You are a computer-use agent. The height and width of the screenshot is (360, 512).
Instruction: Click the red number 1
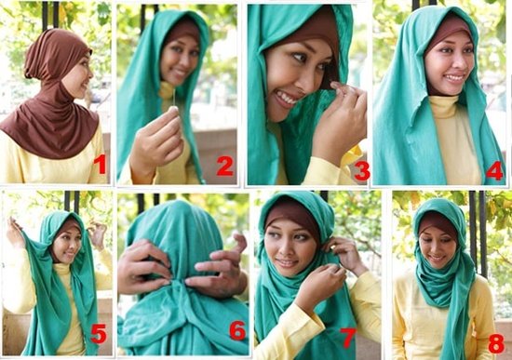coord(101,164)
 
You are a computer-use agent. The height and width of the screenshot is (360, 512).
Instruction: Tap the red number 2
coord(225,166)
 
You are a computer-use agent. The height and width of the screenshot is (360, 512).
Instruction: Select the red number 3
coord(362,170)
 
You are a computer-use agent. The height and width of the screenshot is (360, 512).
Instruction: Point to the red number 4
coord(494,170)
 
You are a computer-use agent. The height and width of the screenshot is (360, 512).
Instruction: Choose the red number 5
coord(99,333)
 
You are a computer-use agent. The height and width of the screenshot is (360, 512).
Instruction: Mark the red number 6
coord(237,330)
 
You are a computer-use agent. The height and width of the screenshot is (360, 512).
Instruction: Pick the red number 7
coord(347,338)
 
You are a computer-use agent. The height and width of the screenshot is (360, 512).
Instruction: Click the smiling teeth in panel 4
coord(454,78)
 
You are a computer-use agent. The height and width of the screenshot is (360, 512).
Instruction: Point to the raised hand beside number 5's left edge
coord(14,230)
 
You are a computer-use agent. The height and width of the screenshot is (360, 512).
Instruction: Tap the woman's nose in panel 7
coord(288,250)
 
